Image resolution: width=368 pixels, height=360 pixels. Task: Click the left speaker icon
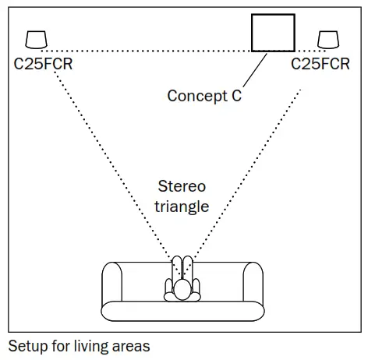pos(37,39)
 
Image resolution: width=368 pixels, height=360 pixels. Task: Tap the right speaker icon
pos(327,39)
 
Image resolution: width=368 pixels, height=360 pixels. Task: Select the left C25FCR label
pos(44,64)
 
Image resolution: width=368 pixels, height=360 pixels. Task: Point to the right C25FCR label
pos(321,64)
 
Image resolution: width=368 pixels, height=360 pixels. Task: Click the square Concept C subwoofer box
pos(272,33)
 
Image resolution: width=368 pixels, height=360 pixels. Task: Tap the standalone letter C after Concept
pos(235,97)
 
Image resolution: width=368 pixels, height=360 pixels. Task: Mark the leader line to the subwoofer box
pos(255,70)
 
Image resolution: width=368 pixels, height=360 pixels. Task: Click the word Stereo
pos(181,187)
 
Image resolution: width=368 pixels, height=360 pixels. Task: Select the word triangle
pos(181,206)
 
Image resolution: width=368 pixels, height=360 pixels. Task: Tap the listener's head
pos(182,290)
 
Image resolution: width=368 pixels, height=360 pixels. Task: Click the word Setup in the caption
pos(26,345)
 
